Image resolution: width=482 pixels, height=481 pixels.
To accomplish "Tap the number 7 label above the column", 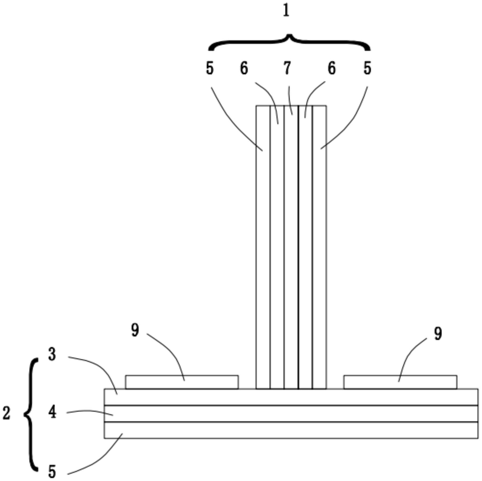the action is click(287, 68).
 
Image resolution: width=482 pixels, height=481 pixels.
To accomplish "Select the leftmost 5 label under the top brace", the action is click(210, 68).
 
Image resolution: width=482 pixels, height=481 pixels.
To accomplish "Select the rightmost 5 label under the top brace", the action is click(367, 68).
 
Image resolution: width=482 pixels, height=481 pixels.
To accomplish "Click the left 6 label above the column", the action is click(244, 68).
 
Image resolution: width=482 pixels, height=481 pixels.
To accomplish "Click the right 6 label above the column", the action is click(331, 68).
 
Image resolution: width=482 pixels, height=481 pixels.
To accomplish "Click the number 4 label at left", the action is click(52, 412).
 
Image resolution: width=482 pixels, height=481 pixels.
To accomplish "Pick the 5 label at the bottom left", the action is click(52, 472).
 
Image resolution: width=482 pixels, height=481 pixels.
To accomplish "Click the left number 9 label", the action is click(135, 330).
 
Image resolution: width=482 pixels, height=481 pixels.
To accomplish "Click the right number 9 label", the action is click(438, 334).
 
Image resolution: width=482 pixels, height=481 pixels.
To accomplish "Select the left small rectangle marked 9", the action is click(182, 382).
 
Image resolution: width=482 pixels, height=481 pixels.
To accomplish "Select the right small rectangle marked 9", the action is click(400, 382).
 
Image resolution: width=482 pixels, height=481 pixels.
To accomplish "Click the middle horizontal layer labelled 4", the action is click(291, 413).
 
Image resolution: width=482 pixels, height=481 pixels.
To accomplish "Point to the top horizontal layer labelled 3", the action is click(291, 397).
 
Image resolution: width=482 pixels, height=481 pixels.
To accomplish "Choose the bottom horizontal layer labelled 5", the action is click(291, 430).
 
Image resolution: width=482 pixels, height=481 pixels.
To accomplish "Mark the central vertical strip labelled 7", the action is click(291, 246).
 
